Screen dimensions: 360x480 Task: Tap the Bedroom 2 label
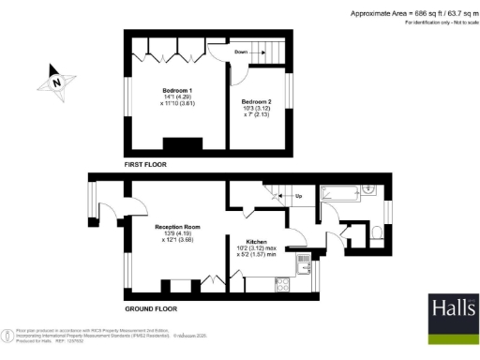pyautogui.click(x=256, y=100)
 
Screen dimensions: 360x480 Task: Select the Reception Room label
pyautogui.click(x=178, y=226)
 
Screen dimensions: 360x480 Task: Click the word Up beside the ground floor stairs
pyautogui.click(x=298, y=197)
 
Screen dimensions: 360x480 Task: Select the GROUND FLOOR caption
pyautogui.click(x=152, y=307)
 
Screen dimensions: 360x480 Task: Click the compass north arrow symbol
pyautogui.click(x=54, y=83)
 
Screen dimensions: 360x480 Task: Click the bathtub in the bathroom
pyautogui.click(x=339, y=194)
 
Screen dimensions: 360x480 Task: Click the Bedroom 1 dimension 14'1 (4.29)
pyautogui.click(x=170, y=97)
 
